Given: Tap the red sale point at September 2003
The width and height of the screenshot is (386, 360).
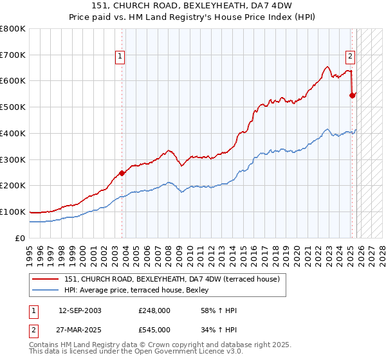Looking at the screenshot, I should (x=122, y=172).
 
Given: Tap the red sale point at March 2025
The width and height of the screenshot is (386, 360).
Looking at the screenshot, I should (x=352, y=95).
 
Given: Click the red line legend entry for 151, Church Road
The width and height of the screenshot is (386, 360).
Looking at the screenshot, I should (x=171, y=280).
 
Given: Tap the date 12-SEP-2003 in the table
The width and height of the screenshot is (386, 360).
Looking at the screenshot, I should (x=80, y=311).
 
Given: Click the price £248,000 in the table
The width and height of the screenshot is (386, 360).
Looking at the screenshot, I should (x=154, y=311).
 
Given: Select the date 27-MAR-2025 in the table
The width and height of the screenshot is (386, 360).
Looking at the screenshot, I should (x=80, y=329).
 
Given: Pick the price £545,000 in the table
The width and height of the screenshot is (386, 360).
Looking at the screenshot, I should (x=154, y=329).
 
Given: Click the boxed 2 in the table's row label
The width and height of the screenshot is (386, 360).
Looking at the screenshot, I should (x=33, y=329).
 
